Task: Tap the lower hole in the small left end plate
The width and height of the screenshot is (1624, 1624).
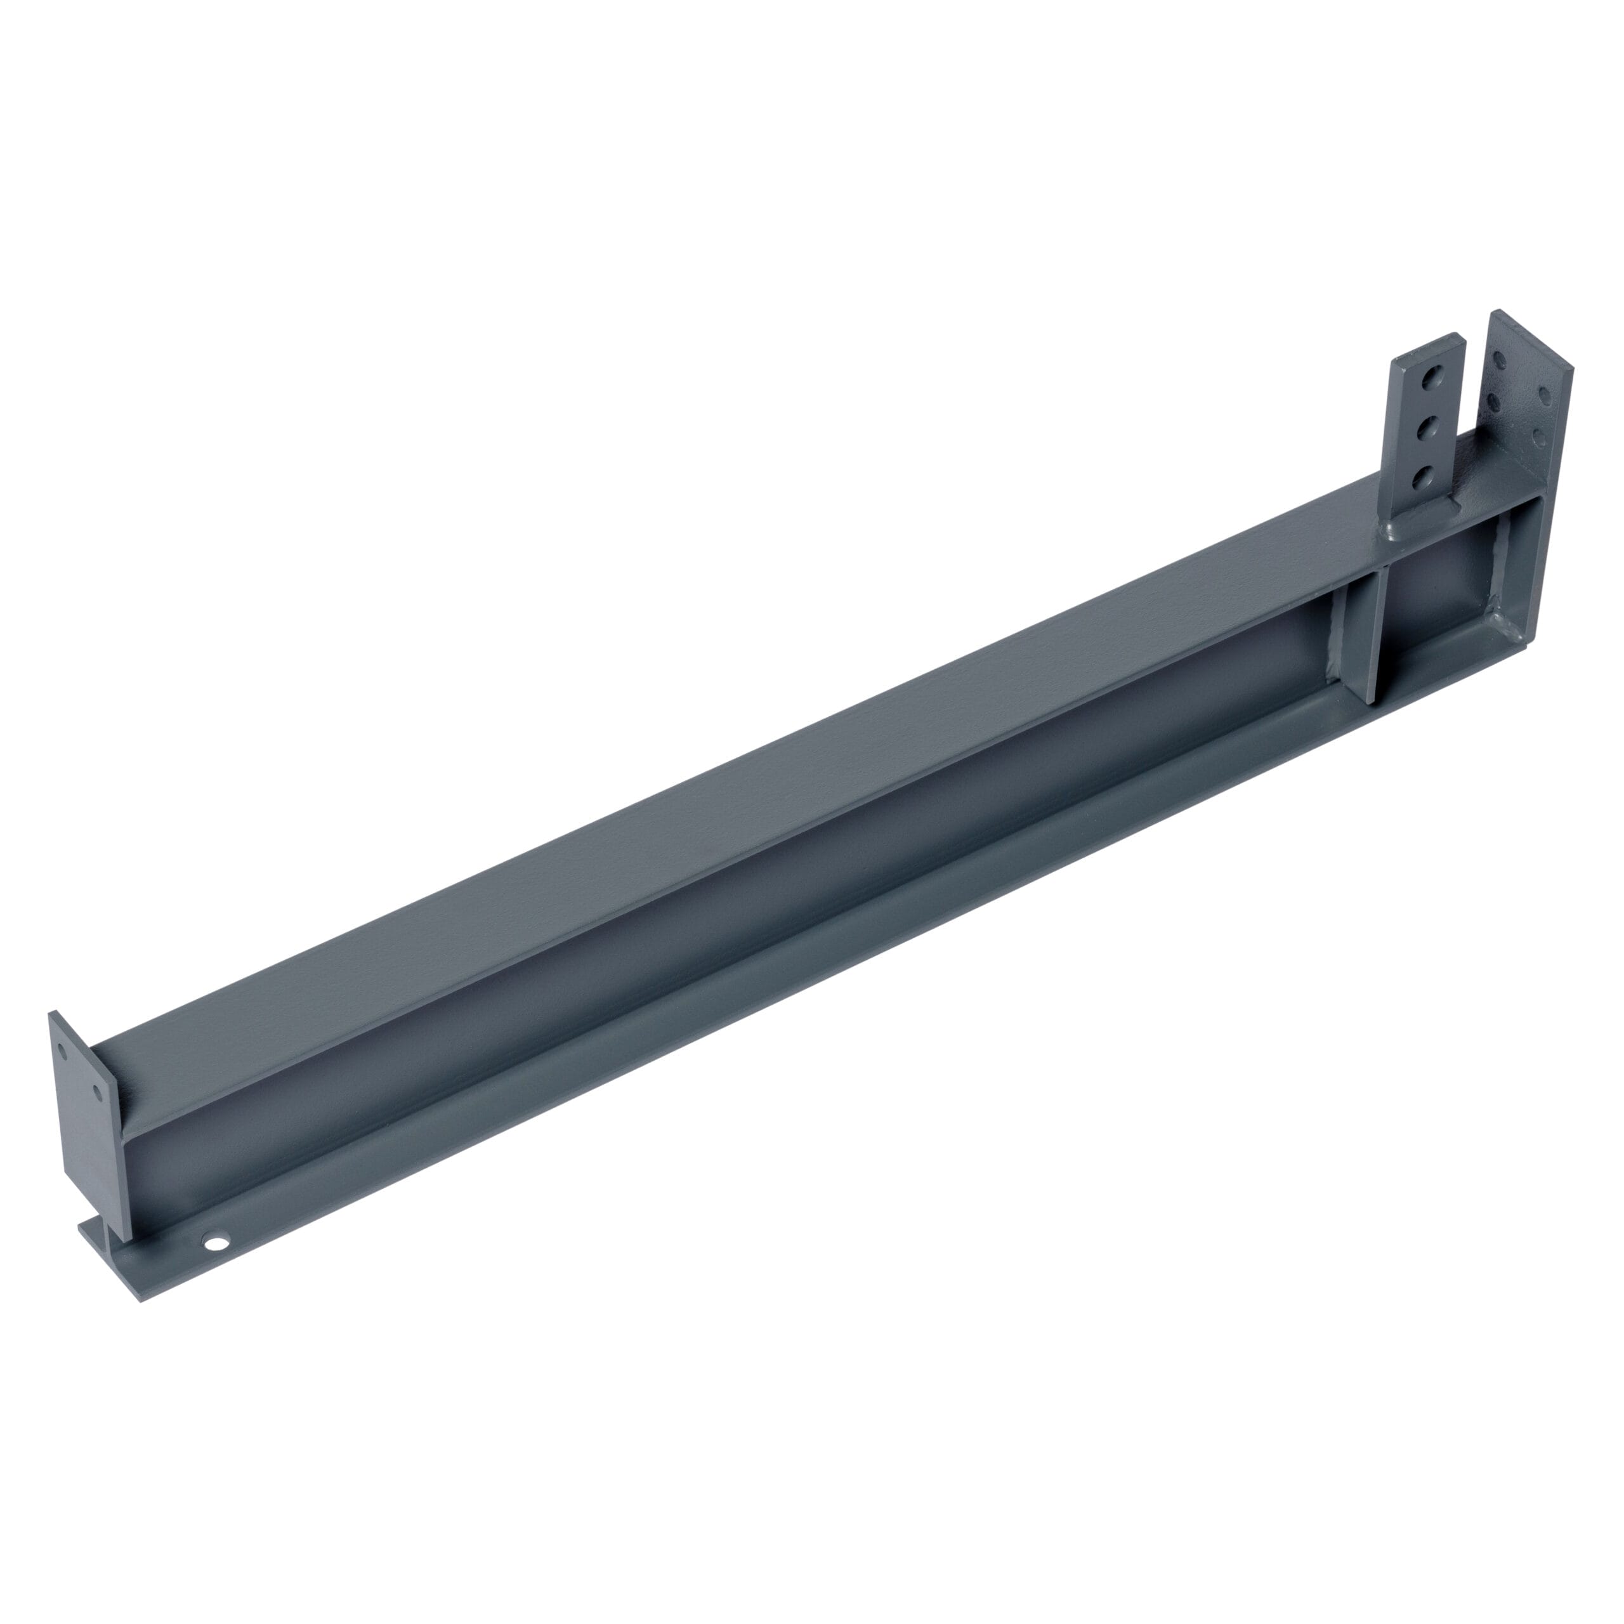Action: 98,1093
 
